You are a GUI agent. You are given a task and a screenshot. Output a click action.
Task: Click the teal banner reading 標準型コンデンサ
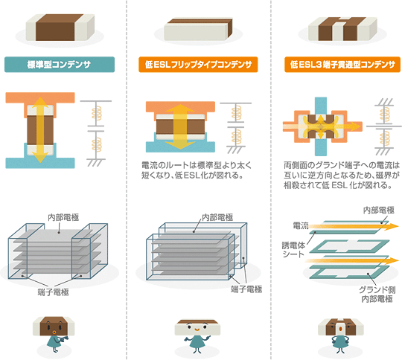(x=60, y=64)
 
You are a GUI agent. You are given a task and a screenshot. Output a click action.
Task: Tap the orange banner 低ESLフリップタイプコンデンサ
(x=198, y=64)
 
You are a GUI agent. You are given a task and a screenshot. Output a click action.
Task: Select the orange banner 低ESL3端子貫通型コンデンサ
(x=342, y=64)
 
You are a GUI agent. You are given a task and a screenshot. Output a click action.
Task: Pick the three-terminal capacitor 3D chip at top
(x=342, y=29)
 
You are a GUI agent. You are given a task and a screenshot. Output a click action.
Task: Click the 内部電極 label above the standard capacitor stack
(x=63, y=217)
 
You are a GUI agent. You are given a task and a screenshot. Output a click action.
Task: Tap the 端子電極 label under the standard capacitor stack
(x=54, y=292)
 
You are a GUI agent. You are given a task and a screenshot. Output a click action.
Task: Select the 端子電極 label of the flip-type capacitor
(x=246, y=289)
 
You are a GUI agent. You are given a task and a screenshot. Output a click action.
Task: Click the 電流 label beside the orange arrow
(x=301, y=225)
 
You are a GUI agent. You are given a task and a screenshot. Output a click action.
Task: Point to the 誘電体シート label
(x=293, y=250)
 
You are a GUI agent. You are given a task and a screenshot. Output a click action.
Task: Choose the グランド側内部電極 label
(x=377, y=294)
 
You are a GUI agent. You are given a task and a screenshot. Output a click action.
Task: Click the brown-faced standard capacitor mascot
(x=54, y=334)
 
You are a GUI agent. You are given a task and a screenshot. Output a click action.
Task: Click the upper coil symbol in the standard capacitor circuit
(x=97, y=114)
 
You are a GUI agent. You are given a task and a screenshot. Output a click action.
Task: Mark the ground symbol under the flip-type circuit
(x=235, y=150)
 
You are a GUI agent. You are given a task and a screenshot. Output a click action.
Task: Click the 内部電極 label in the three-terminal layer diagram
(x=379, y=210)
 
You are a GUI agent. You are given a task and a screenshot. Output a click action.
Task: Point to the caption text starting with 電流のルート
(x=197, y=170)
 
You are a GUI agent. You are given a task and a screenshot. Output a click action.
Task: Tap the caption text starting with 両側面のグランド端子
(x=342, y=175)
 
